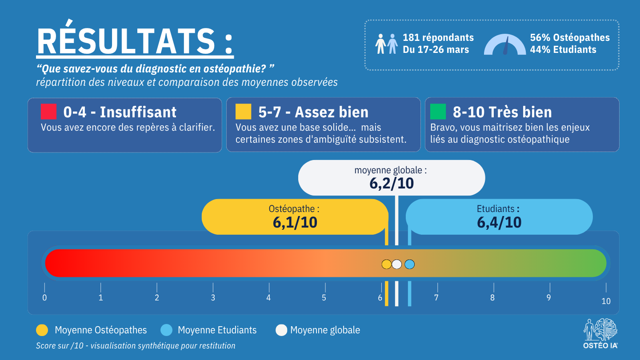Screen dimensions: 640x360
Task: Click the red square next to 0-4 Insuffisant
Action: click(48, 112)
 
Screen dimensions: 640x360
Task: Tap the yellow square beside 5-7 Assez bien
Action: click(244, 112)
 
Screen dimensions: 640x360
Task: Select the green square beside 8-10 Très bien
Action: click(438, 112)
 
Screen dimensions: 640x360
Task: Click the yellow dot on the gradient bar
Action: click(387, 264)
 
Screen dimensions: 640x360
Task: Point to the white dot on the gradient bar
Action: click(397, 264)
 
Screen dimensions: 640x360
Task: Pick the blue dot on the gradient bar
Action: click(410, 264)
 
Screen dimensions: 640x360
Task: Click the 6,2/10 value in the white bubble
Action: click(392, 184)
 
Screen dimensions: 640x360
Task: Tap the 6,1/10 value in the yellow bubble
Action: click(295, 223)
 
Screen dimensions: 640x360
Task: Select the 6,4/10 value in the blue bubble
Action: click(499, 223)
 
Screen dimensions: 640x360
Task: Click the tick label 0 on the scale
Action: click(44, 298)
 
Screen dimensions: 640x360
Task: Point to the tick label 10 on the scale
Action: click(606, 301)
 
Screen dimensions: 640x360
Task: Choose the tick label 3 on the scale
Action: click(213, 298)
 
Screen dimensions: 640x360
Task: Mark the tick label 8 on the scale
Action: click(492, 298)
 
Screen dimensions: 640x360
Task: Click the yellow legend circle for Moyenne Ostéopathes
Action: click(42, 330)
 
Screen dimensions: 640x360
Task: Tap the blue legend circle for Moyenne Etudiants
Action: click(167, 330)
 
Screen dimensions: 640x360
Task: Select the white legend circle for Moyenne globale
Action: click(281, 330)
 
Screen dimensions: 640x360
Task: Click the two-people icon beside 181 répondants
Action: click(387, 44)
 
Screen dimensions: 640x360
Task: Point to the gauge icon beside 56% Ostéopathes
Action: click(505, 44)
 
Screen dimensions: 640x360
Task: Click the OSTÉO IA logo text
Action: click(600, 346)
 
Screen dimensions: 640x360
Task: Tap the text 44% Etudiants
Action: click(563, 50)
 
